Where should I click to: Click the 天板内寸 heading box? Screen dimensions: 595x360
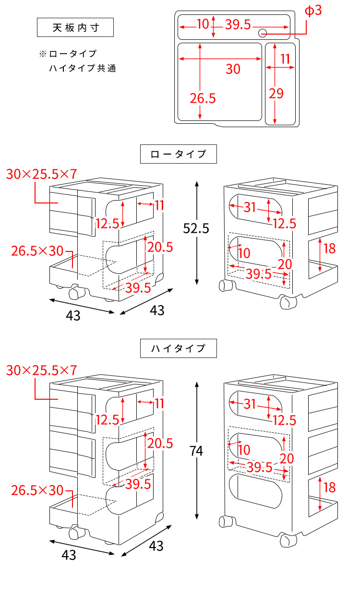75,27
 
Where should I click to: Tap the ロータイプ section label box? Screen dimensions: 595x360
178,155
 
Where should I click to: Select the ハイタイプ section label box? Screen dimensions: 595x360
178,349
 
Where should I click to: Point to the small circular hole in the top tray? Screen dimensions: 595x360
263,33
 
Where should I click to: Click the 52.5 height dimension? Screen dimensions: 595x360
196,229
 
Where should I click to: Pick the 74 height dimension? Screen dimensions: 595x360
196,451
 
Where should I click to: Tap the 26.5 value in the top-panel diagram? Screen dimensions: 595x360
203,98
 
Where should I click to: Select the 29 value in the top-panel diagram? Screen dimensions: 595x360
276,94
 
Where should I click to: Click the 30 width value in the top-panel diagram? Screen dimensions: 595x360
233,70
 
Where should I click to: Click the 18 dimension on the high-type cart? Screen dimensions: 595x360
329,488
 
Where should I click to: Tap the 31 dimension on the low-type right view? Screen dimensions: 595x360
250,207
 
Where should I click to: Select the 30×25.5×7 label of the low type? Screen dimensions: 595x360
42,174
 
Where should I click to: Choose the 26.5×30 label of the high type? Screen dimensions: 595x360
37,490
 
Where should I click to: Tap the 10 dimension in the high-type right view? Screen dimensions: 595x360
244,450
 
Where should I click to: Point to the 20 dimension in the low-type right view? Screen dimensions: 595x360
285,264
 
